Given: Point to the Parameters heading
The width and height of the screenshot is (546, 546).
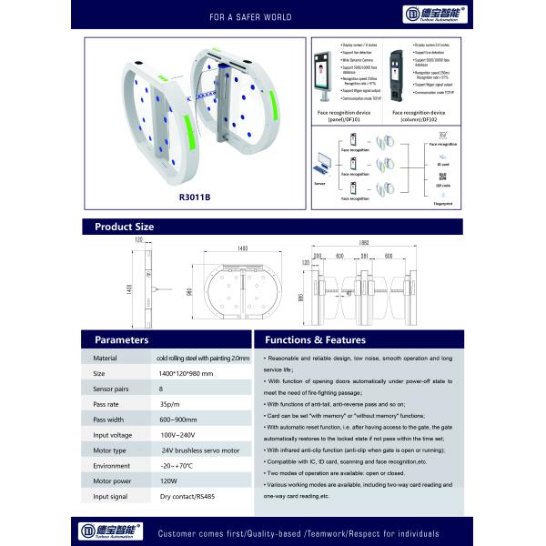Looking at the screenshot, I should coord(122,339).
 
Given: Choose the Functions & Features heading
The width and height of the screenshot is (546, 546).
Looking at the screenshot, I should coord(314,339).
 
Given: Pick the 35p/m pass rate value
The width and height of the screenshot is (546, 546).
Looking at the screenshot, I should coord(169,402).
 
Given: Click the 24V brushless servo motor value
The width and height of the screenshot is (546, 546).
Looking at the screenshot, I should coord(201,449).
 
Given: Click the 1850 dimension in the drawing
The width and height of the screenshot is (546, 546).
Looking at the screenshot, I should coord(364,243).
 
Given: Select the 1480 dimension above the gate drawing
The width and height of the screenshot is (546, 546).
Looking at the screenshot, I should coord(242,248).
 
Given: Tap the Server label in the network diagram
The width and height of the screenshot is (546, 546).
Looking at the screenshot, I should coord(319,182).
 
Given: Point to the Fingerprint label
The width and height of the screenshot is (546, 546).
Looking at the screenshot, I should coord(442,216).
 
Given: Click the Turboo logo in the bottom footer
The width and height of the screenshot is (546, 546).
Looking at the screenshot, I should coord(107,530).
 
